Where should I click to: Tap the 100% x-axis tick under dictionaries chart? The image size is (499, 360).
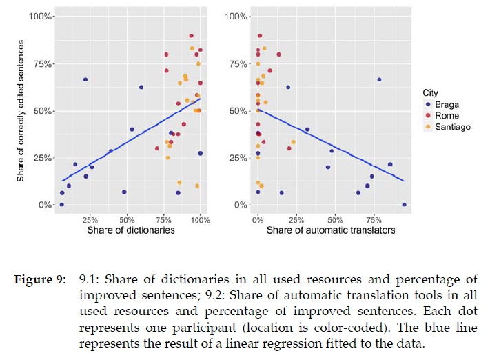click(x=200, y=219)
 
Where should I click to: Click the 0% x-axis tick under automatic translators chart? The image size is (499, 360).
click(x=257, y=219)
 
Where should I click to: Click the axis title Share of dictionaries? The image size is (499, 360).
click(x=131, y=230)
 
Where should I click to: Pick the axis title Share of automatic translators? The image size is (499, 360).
click(x=331, y=230)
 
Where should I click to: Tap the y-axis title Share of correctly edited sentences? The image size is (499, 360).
click(x=21, y=110)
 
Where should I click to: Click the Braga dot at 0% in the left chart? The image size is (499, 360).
click(x=62, y=205)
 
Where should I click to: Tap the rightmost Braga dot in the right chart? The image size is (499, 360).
click(x=404, y=204)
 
